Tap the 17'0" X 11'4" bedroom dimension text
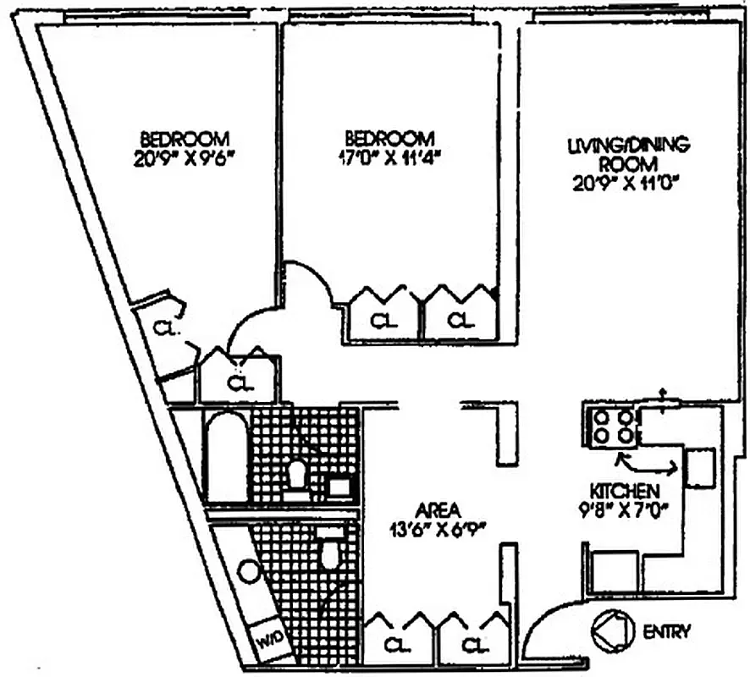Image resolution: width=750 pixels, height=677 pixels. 390,157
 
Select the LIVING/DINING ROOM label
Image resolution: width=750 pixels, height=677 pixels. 628,153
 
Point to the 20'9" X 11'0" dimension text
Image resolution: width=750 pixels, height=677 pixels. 628,181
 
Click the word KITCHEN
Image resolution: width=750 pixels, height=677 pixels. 625,491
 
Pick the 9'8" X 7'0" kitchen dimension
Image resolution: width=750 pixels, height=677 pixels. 626,510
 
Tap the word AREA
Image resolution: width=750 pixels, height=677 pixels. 438,510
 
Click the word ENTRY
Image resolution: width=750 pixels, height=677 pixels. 667,630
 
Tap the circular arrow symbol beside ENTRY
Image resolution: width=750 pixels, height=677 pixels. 613,631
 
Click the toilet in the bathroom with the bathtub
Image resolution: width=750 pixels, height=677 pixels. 297,474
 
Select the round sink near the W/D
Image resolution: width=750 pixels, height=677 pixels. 247,571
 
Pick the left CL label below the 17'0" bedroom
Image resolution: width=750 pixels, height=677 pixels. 385,321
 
